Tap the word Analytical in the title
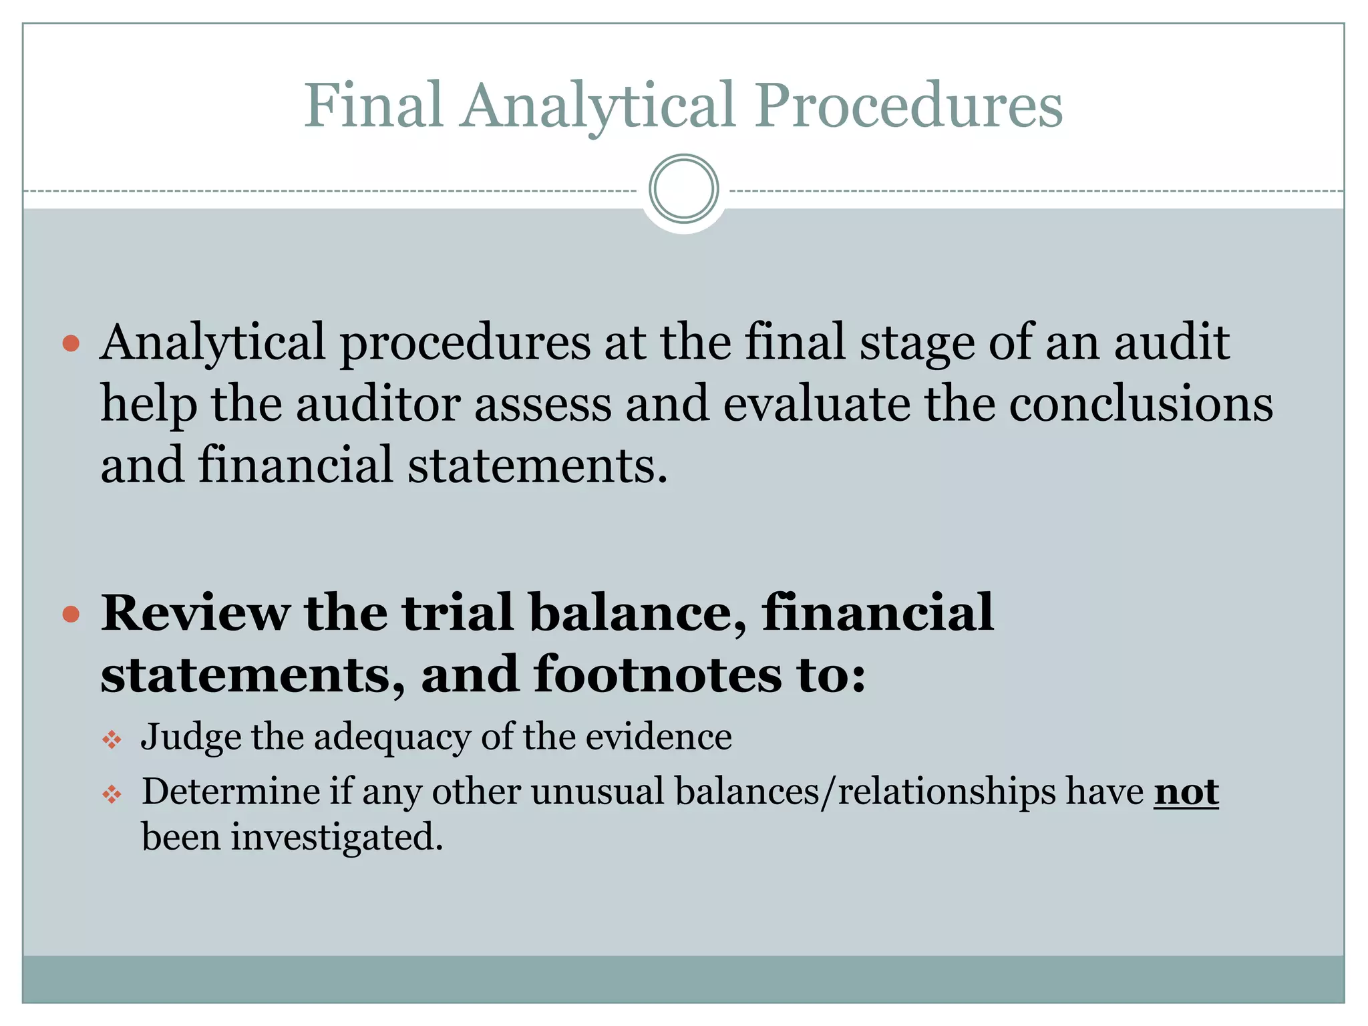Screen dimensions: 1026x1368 coord(598,107)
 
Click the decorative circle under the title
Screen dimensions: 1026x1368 coord(683,189)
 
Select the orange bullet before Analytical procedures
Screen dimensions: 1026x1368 coord(71,344)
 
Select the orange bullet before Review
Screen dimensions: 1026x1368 coord(71,614)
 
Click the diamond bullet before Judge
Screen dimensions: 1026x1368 coord(112,739)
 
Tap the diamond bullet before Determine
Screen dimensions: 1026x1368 coord(112,794)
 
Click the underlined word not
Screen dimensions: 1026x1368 coord(1186,792)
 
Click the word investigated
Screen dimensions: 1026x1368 coord(337,837)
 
